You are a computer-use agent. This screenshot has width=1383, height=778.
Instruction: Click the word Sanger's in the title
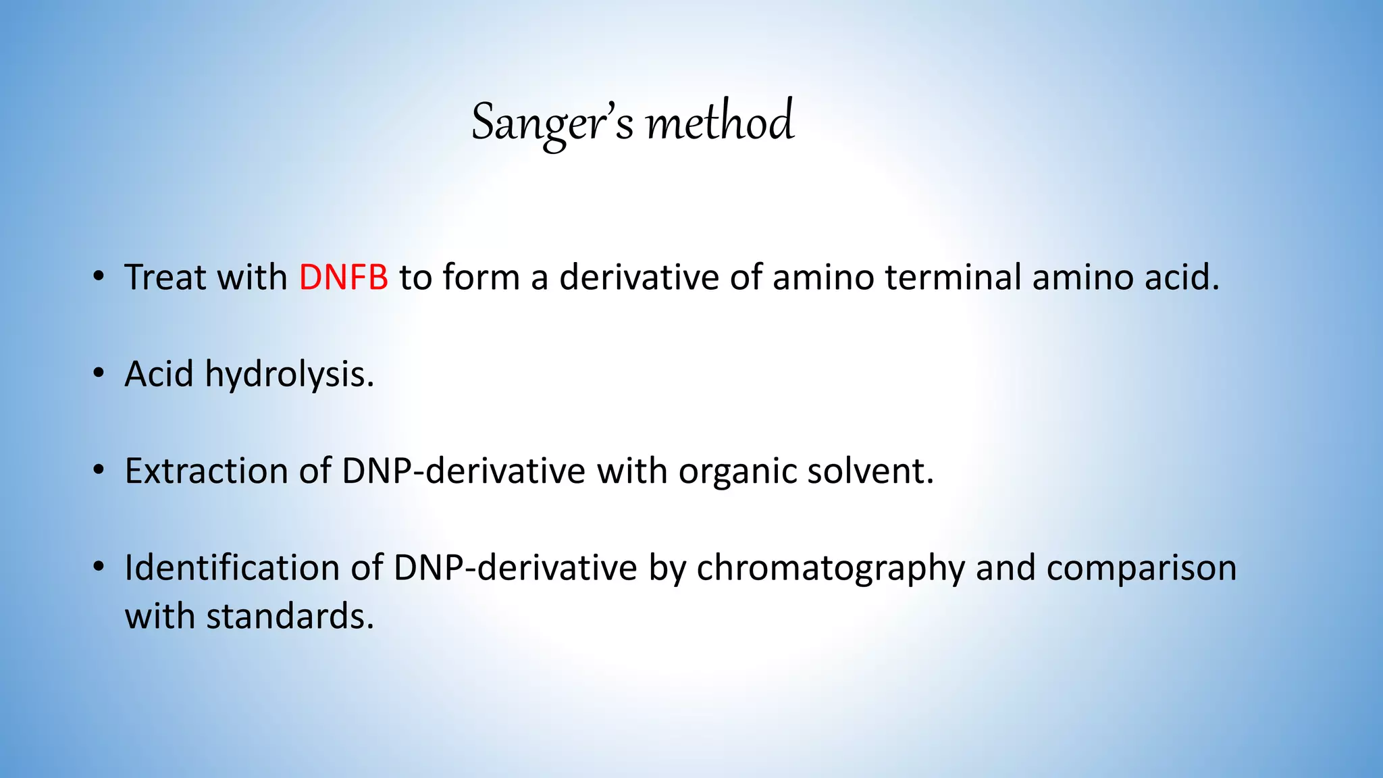pyautogui.click(x=552, y=123)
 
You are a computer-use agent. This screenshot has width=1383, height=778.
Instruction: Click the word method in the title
pyautogui.click(x=720, y=123)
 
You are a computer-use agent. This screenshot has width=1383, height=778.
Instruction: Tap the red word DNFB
pyautogui.click(x=343, y=278)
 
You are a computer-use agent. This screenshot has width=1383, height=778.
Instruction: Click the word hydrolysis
pyautogui.click(x=289, y=374)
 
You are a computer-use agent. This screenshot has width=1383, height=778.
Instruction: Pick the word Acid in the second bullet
pyautogui.click(x=159, y=374)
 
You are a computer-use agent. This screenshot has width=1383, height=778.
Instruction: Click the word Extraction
pyautogui.click(x=207, y=471)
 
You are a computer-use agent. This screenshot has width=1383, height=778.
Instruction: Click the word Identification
pyautogui.click(x=232, y=567)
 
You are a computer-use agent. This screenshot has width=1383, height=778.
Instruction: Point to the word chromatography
pyautogui.click(x=831, y=569)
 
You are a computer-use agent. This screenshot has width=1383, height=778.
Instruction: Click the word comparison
pyautogui.click(x=1141, y=569)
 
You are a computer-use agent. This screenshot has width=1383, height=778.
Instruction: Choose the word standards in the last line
pyautogui.click(x=290, y=616)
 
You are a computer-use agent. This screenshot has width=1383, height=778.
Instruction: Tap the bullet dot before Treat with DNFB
pyautogui.click(x=99, y=276)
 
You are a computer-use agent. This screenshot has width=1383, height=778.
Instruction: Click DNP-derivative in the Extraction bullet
pyautogui.click(x=463, y=471)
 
